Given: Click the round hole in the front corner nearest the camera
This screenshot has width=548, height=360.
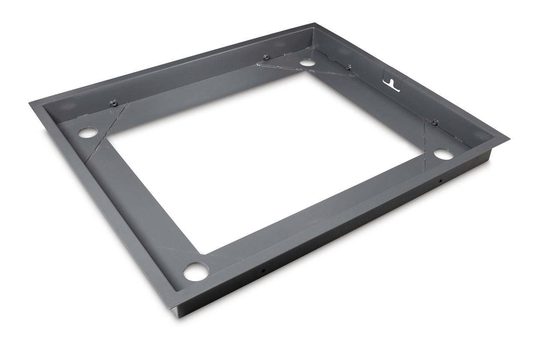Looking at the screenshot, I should [196, 271].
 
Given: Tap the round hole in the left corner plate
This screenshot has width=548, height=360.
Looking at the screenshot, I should [88, 132].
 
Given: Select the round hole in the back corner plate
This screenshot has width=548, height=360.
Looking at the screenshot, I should [307, 62].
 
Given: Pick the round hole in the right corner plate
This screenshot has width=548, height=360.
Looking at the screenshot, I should [444, 154].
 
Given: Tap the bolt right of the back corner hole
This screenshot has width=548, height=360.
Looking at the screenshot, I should [348, 67].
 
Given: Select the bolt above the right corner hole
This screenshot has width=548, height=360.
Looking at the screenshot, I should [435, 122].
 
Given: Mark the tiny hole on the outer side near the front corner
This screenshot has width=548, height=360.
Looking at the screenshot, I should [263, 271].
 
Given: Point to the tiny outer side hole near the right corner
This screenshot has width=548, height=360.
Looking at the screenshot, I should [440, 181].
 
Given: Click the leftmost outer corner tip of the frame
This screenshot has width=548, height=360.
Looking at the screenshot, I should [30, 103].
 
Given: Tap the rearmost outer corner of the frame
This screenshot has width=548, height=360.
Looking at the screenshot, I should [315, 24].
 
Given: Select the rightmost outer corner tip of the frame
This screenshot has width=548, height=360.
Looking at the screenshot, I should [509, 139].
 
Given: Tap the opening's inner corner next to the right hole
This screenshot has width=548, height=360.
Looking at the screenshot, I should [422, 155].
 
